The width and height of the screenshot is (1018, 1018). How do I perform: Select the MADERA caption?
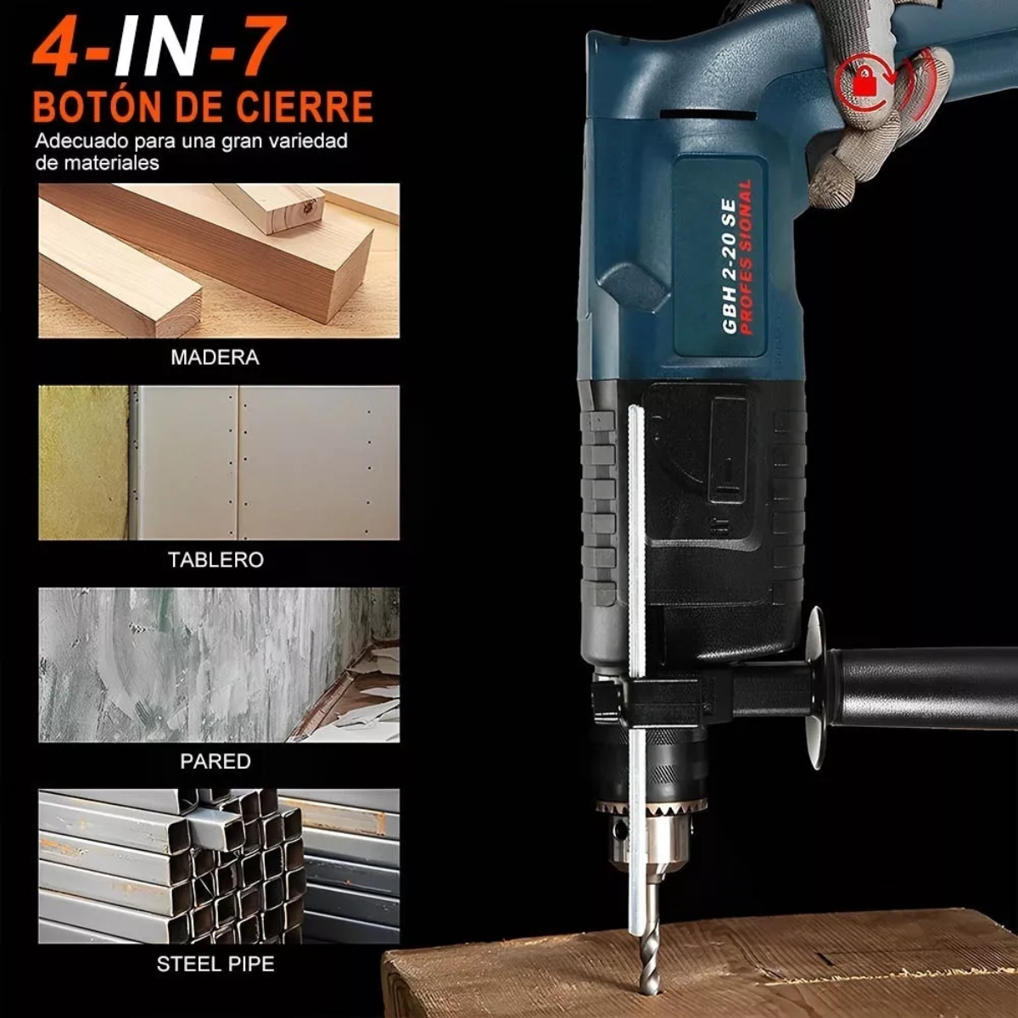coord(215,357)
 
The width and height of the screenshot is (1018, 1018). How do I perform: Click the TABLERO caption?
coord(215,560)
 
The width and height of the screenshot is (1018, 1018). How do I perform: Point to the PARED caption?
coord(215,762)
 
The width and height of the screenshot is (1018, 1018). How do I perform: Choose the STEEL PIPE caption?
coord(215,964)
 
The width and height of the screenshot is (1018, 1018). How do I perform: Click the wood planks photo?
coord(218,261)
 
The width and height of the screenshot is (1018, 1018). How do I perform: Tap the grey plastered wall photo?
coord(218,665)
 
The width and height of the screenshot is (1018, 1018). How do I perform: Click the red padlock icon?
coord(864,81)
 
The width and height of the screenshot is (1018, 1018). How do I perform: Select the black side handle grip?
coord(925,687)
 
